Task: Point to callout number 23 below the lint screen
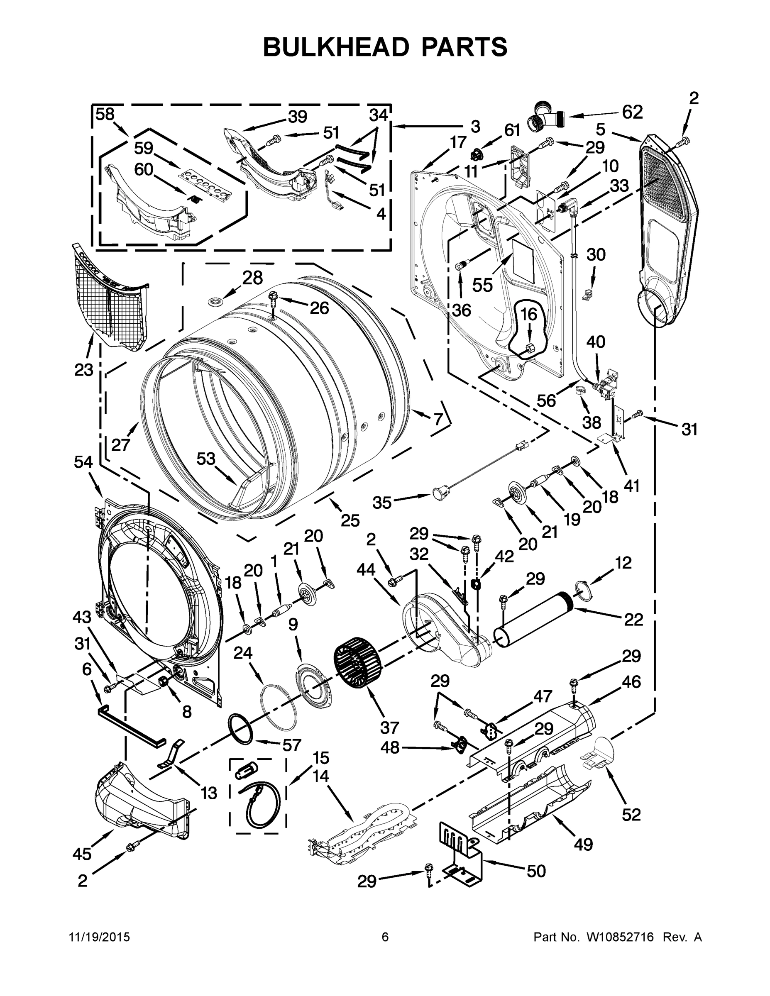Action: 84,370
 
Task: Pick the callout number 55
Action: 482,286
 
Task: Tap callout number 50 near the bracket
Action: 536,871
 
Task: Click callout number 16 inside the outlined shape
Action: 529,314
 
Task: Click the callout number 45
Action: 82,854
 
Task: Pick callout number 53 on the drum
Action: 206,458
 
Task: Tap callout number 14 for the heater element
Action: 321,775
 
